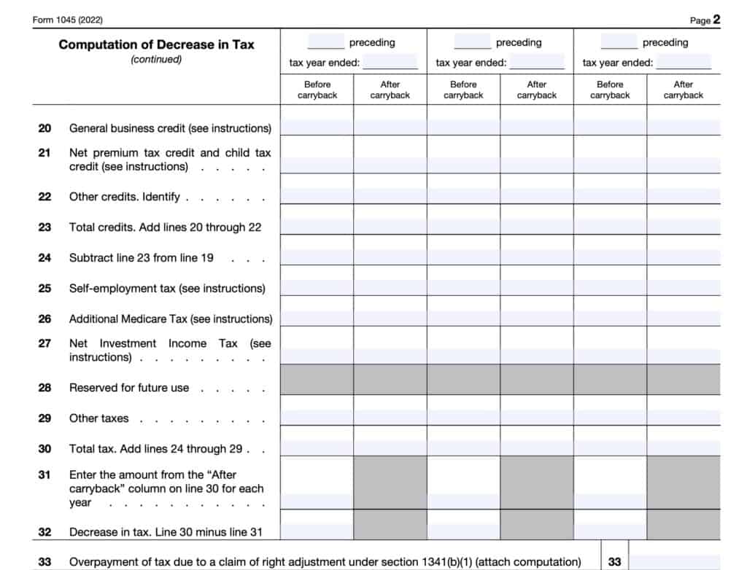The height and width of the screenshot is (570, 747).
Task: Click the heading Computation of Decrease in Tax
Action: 156,44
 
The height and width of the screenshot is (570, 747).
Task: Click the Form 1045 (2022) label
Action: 67,20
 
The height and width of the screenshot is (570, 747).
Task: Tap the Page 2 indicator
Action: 705,20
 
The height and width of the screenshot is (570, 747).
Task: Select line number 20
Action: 45,128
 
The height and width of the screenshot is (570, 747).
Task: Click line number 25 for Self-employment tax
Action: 45,289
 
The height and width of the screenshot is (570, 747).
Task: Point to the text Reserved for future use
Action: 129,388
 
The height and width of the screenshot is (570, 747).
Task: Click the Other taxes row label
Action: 98,418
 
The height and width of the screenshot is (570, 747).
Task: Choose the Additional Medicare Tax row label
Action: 171,319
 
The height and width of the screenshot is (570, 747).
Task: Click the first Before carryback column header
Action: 317,90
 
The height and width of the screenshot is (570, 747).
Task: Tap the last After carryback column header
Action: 683,90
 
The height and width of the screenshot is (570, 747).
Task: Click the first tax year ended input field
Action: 390,62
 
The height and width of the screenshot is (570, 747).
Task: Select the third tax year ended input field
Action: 684,62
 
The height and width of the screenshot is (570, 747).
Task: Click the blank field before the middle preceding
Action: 472,42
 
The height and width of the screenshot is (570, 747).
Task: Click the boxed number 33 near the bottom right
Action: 615,562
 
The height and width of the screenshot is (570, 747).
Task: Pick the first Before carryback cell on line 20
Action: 317,128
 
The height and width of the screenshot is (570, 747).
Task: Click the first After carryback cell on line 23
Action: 390,227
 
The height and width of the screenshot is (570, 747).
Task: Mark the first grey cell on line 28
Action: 317,379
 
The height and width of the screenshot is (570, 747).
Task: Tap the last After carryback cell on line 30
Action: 683,448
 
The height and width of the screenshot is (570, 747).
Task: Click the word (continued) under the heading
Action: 156,60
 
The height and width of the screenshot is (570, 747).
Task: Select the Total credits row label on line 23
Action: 165,227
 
